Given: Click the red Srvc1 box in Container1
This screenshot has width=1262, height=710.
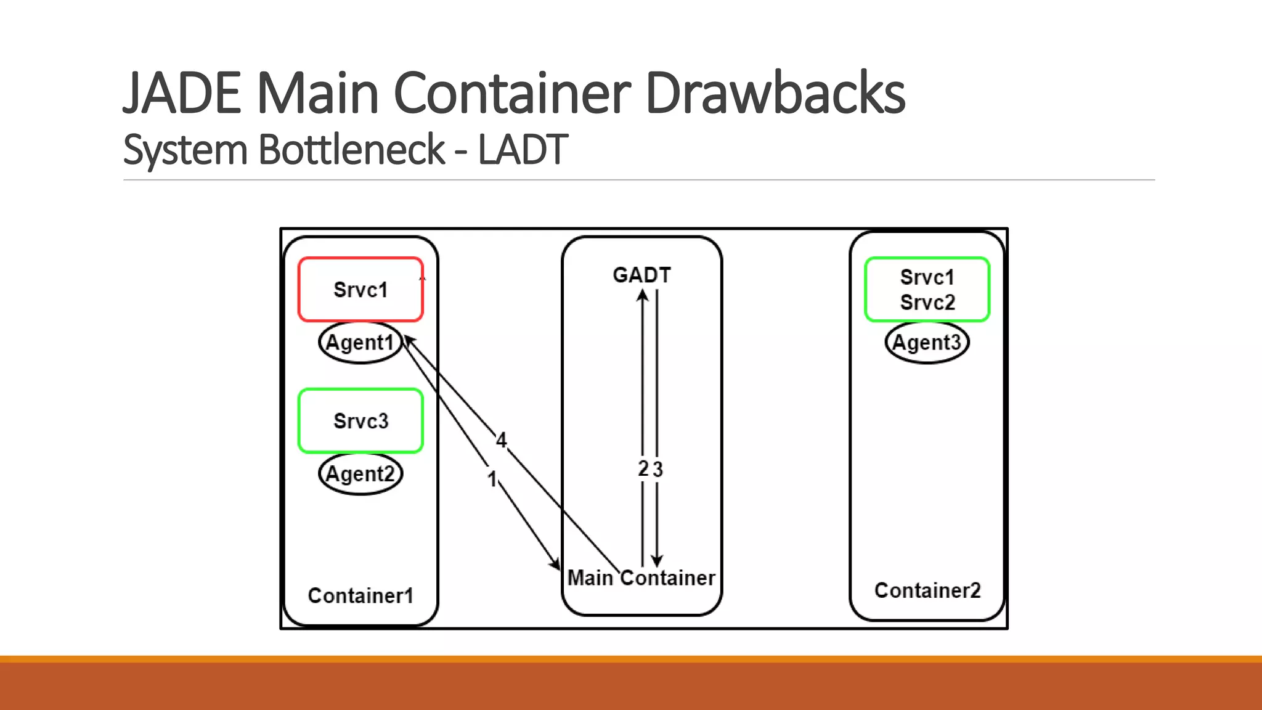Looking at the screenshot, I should pos(360,290).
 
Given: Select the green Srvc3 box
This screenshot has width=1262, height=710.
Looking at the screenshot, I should pos(360,421).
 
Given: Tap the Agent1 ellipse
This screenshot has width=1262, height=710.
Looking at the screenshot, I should pos(360,343).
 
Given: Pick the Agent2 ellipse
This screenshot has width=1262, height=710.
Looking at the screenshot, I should pos(360,474).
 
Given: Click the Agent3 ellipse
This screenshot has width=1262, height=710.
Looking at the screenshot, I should pos(927,343).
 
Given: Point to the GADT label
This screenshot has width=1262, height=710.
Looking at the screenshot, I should pos(641,275).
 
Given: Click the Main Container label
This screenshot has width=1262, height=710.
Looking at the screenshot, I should pos(641,578).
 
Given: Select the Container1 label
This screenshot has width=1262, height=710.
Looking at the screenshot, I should pos(360,596).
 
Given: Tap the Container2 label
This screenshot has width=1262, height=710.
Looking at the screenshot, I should pos(927,591).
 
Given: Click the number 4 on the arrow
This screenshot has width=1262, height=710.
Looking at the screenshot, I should pos(502,440).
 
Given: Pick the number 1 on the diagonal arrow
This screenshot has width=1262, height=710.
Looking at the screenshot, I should pos(492,479).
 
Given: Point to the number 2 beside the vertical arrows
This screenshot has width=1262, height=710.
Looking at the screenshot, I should pos(643,469).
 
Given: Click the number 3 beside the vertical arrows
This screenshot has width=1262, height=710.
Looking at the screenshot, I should pos(658,470).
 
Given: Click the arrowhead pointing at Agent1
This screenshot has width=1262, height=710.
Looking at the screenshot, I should pos(409,340).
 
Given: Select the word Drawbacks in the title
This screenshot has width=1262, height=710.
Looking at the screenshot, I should pos(775,93).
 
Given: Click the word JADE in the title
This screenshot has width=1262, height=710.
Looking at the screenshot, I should pos(182,93).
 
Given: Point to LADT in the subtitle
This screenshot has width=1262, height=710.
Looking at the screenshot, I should pos(523,150).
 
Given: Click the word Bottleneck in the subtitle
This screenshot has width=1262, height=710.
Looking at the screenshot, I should pos(351,150).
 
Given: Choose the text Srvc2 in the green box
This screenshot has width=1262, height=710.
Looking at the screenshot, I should pos(927,303).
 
